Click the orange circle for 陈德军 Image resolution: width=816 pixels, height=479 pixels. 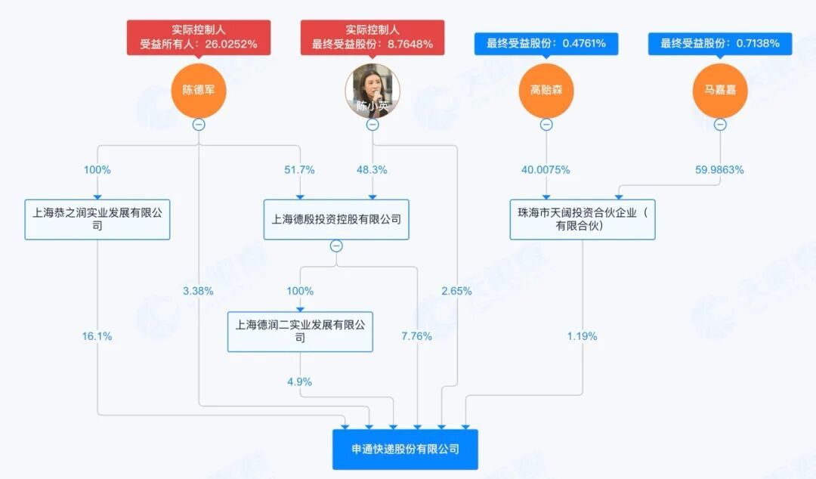point(198,91)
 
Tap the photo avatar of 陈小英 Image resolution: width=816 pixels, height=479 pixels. point(372,91)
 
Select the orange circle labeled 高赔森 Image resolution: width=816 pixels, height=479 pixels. point(546,91)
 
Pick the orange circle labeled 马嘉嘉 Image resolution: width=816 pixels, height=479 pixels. point(720,91)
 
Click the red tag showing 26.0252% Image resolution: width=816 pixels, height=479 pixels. point(198,36)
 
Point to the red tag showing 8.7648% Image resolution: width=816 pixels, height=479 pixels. point(372,36)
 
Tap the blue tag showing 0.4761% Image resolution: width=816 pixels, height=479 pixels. point(546,43)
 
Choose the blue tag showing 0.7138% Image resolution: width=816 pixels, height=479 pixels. point(720,43)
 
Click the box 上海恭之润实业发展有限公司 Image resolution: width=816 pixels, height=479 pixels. point(97,219)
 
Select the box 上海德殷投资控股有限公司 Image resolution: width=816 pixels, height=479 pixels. point(336,219)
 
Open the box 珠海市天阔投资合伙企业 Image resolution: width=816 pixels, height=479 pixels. point(583,219)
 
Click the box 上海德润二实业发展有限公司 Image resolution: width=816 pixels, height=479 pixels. point(300,331)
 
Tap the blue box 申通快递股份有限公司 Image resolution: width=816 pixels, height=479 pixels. point(405,449)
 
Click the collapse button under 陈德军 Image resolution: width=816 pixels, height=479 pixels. point(198,125)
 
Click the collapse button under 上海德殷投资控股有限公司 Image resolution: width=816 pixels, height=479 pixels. point(336,246)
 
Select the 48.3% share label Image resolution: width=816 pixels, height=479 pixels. point(372,170)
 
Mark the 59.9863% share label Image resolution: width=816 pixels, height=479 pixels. point(718,170)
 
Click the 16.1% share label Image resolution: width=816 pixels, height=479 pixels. point(97,336)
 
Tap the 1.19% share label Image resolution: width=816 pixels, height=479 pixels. point(583,336)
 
